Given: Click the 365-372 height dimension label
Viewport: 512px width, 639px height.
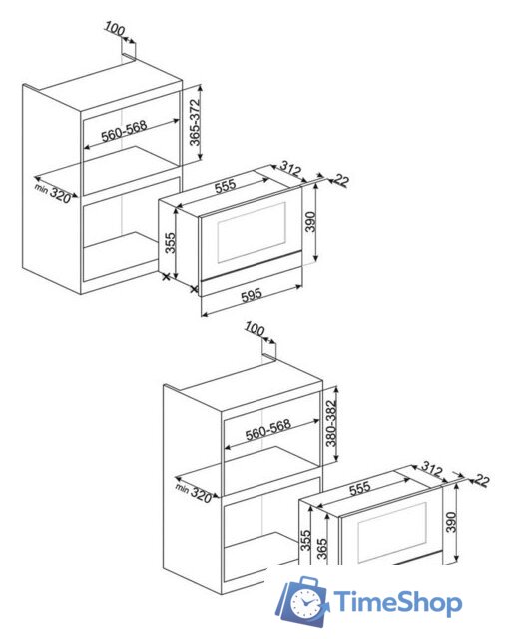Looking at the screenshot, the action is click(195, 122).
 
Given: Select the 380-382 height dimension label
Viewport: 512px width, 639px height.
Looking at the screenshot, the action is click(331, 423).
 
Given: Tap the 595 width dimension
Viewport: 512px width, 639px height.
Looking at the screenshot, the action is click(252, 295).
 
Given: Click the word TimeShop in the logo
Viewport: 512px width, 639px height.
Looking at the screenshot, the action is click(398, 602).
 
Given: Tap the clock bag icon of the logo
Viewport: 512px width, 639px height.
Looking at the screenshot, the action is click(303, 600).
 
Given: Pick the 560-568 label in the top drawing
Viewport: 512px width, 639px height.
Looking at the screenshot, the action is click(124, 131).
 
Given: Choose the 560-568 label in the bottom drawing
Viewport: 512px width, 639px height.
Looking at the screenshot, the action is click(268, 430).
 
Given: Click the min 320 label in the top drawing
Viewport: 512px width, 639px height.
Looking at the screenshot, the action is click(53, 193).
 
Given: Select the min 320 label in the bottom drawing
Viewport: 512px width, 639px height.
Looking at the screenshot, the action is click(194, 492).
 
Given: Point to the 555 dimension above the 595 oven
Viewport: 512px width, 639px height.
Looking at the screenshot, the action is click(225, 186).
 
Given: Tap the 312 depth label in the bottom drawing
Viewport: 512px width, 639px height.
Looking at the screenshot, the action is click(432, 468).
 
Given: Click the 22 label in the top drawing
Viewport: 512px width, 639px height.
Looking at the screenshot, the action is click(341, 180).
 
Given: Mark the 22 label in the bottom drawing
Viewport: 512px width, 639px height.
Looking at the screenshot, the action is click(481, 480).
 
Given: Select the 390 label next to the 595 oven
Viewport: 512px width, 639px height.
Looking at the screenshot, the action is click(310, 221).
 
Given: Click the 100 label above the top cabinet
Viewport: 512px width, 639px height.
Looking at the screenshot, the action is click(115, 28).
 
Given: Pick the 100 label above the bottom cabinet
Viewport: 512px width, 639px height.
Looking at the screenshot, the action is click(255, 328).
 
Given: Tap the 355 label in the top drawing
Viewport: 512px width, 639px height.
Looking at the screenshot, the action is click(170, 242).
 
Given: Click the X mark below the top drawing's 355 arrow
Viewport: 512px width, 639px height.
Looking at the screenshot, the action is click(166, 277).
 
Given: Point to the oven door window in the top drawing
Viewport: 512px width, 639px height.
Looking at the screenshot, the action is click(252, 232).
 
